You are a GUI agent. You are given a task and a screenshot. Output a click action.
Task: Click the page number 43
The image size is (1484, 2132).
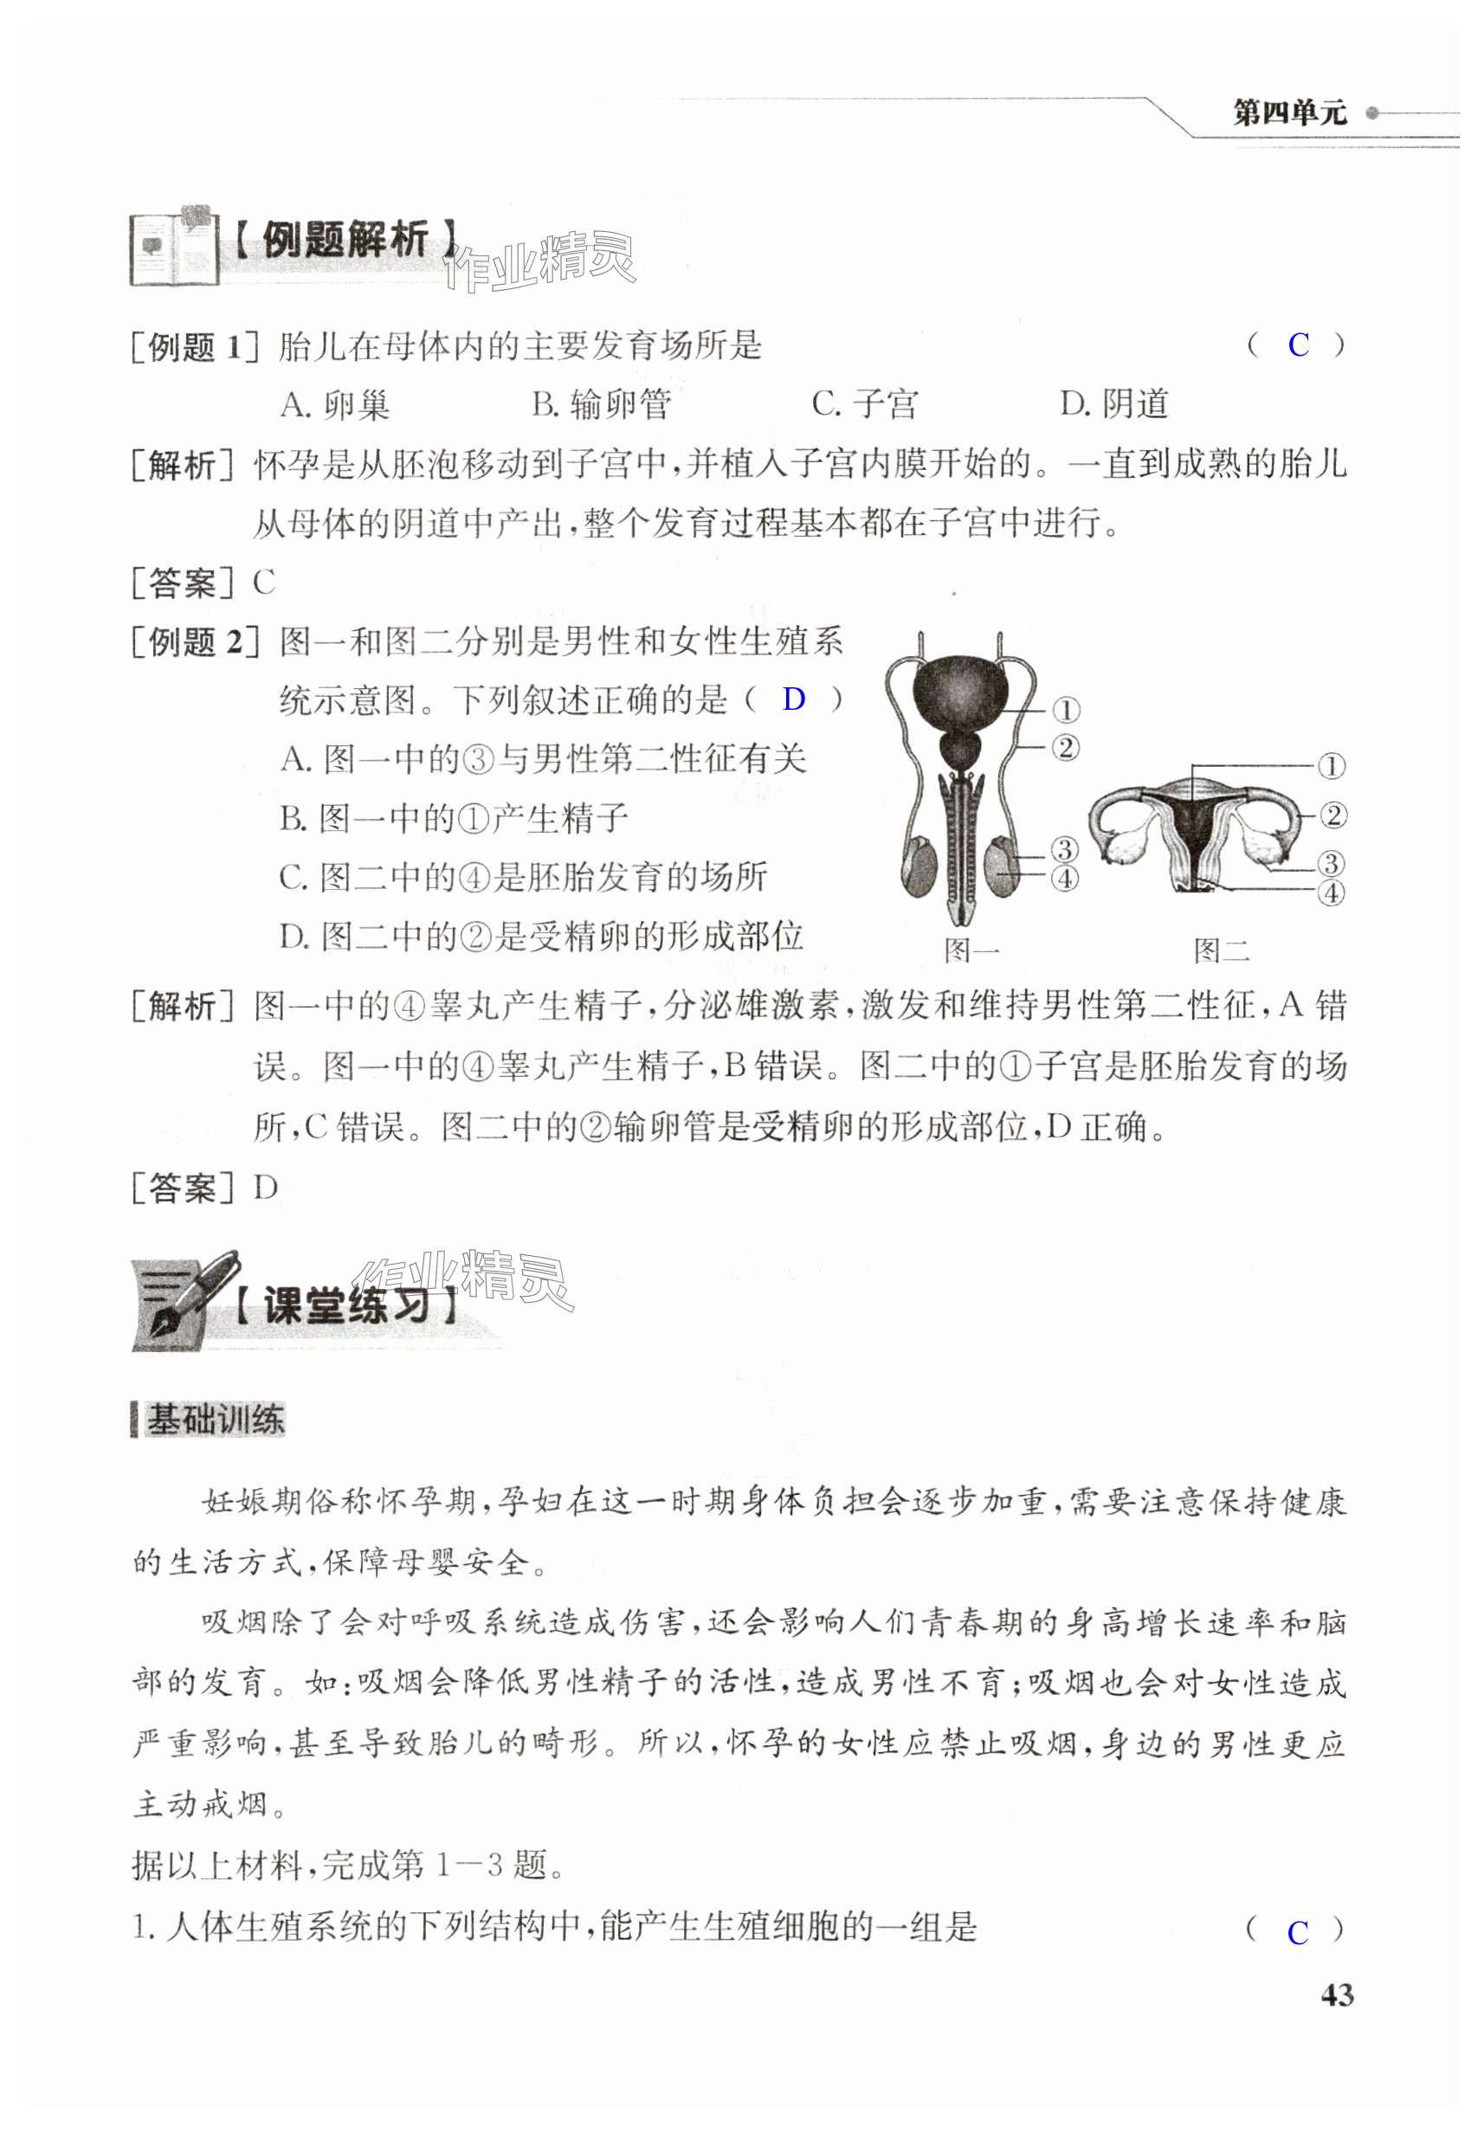point(1336,1994)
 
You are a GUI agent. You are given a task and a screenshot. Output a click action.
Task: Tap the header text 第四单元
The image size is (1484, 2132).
point(1289,113)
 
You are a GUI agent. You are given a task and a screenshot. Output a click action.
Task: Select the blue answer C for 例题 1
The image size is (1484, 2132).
point(1297,345)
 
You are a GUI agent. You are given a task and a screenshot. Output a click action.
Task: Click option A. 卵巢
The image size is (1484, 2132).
point(334,405)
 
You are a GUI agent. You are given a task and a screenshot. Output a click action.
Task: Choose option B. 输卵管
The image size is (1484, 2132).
point(601,405)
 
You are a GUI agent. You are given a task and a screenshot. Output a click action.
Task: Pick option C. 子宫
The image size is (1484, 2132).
point(864,405)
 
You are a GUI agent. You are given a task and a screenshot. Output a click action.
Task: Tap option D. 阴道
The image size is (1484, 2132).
point(1114,405)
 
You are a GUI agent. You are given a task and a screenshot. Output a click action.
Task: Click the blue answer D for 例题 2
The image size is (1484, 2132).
point(793,699)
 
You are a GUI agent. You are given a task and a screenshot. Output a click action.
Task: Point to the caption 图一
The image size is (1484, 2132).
point(971,950)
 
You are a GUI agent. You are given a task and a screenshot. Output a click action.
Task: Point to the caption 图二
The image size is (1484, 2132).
point(1221,950)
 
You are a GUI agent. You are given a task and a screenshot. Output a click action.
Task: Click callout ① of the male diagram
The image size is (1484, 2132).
point(1065,711)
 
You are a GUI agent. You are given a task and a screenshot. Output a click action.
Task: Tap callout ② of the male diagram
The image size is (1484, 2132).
point(1065,748)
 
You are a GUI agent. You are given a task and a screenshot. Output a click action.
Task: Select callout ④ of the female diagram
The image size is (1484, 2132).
point(1331,893)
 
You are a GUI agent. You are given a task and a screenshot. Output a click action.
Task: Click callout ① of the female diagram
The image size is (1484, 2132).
point(1331,767)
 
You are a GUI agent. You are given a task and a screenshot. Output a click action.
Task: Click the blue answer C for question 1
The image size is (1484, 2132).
point(1297,1933)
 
